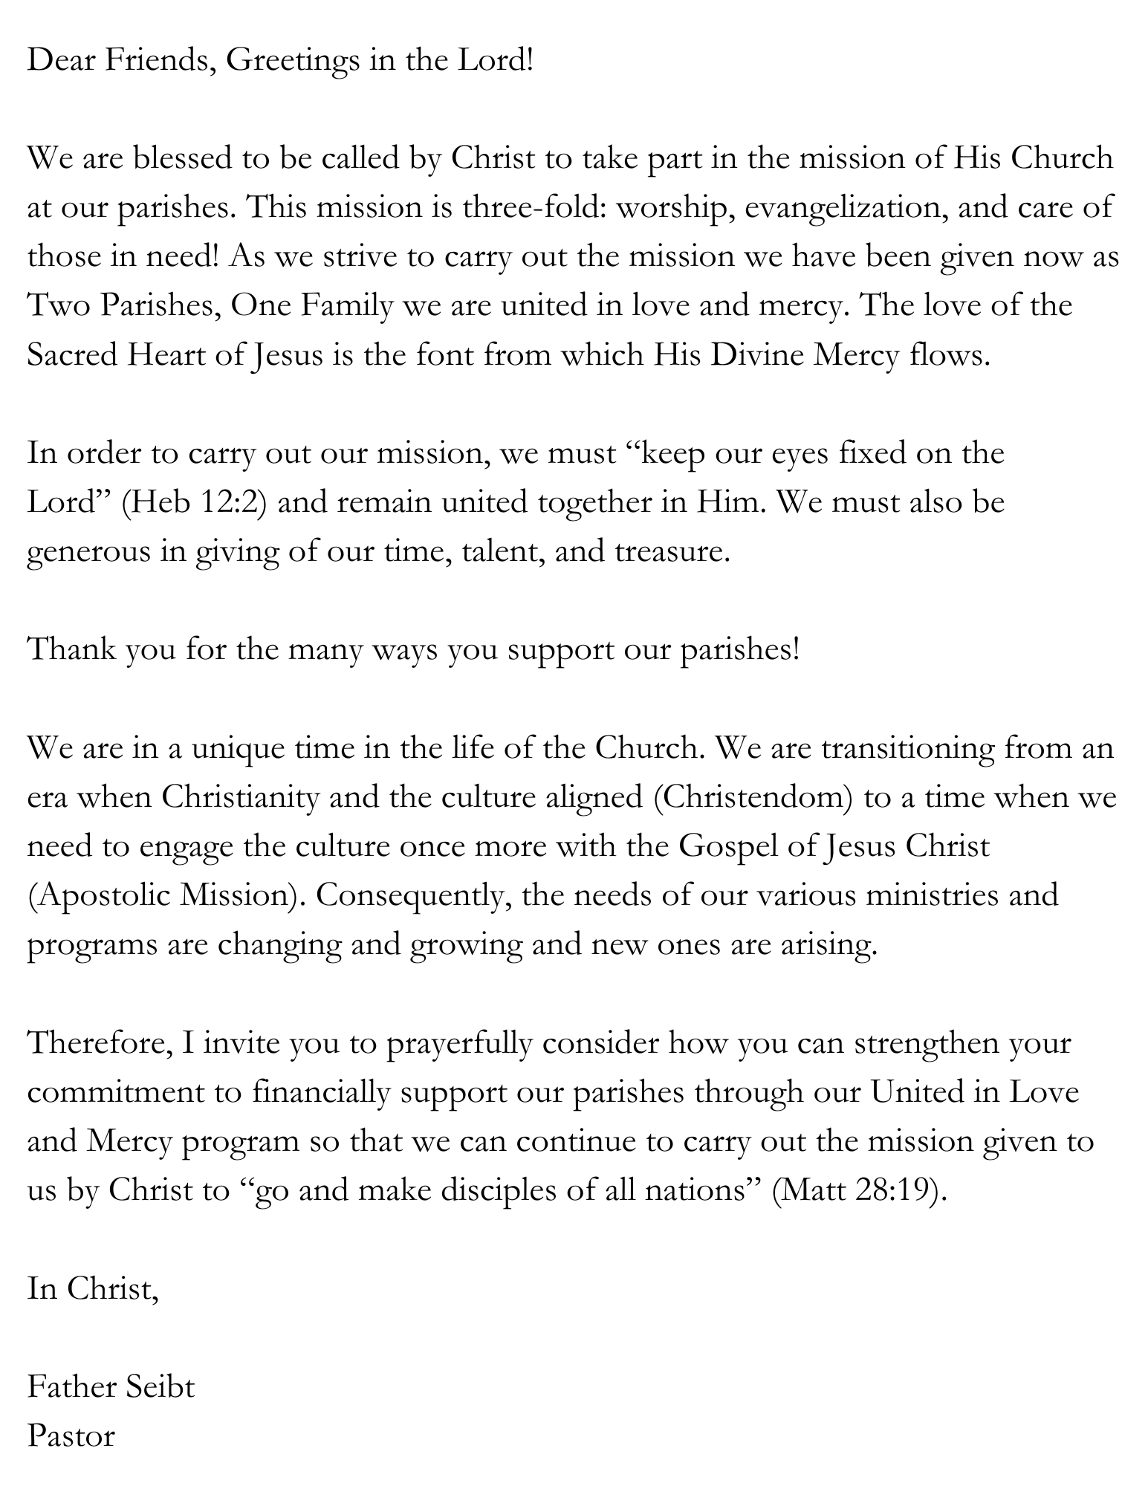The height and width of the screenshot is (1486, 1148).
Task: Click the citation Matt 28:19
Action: [x=859, y=1191]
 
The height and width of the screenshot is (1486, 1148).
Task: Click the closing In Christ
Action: [x=92, y=1289]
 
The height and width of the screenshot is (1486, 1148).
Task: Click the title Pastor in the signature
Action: [x=71, y=1436]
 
